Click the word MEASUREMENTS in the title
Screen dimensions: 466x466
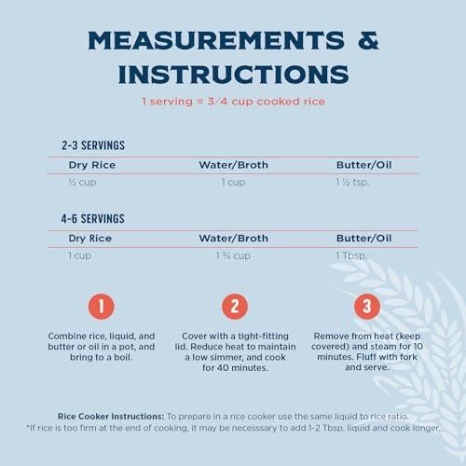(216, 41)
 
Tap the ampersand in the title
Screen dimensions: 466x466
(368, 41)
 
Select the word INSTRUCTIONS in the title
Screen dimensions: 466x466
(233, 75)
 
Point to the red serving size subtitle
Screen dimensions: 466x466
(233, 102)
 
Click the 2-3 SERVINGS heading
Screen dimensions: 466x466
(93, 145)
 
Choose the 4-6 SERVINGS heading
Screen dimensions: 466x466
(93, 219)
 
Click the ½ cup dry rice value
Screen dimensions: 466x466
(82, 182)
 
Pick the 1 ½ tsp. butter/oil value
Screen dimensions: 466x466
(352, 182)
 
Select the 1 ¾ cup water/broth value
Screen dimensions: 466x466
(233, 255)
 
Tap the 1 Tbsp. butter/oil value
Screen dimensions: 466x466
(351, 255)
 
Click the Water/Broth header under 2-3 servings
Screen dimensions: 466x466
(233, 165)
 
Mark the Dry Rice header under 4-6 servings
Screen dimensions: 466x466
(90, 239)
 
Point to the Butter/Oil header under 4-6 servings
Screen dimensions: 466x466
(363, 239)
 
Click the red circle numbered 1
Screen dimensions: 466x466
(102, 307)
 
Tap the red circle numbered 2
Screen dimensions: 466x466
(235, 307)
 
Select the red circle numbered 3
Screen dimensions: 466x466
(367, 307)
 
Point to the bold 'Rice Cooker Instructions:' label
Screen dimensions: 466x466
(111, 417)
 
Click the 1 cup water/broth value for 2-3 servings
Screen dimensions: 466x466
(233, 182)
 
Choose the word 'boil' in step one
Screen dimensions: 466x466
(123, 357)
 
